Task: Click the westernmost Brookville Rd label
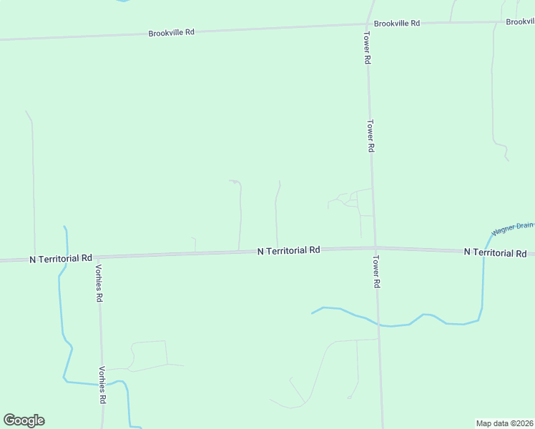pos(171,33)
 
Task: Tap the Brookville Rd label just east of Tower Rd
pos(396,24)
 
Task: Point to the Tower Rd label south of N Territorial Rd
pos(376,272)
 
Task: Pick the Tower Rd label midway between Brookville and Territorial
pos(371,135)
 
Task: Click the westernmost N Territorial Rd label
pos(62,257)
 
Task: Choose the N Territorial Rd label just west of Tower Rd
pos(288,250)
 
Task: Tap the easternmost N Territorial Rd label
pos(495,252)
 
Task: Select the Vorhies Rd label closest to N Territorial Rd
pos(99,283)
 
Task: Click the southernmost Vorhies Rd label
pos(102,387)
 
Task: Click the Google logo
pos(24,420)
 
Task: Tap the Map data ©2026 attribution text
pos(505,423)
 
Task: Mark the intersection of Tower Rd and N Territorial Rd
pos(375,248)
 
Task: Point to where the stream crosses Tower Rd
pos(379,325)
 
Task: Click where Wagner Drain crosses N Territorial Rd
pos(484,252)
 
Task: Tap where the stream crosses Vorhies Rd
pos(102,384)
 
